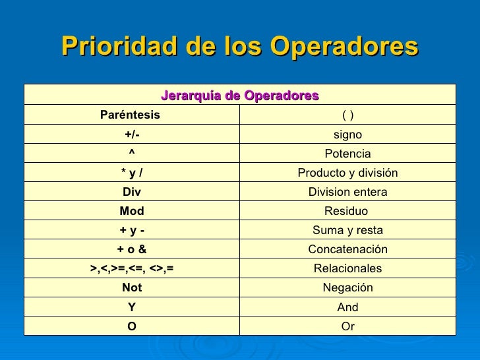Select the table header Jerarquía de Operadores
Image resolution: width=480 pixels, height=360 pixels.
coord(240,95)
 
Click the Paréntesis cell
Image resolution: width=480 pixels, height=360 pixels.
coord(130,115)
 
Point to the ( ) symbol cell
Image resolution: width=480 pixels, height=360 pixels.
coord(347,115)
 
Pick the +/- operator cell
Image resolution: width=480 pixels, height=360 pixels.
coord(132,135)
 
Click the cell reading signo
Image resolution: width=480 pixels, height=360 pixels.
coord(347,135)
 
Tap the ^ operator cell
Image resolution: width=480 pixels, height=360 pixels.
coord(132,154)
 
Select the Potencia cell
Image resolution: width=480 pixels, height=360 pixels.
coord(347,154)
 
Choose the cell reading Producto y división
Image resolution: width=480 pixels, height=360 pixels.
coord(347,173)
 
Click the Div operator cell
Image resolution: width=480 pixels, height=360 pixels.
coord(132,192)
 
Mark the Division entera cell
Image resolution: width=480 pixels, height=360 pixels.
coord(347,192)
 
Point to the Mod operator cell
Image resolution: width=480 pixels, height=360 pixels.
coord(132,211)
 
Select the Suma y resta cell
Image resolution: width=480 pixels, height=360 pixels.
coord(347,230)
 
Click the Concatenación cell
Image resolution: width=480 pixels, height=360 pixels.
coord(347,249)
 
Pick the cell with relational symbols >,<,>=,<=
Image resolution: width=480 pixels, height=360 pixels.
coord(132,268)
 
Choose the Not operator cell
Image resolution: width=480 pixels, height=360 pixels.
coord(132,287)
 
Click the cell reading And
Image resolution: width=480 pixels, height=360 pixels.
coord(347,307)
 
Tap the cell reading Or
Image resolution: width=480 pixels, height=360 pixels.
coord(347,326)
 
